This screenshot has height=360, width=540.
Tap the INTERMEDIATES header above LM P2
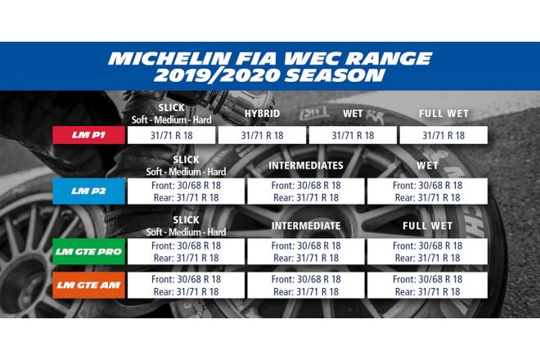[x=307, y=166]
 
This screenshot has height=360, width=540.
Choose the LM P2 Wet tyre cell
[x=427, y=191]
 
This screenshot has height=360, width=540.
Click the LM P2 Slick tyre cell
[x=186, y=191]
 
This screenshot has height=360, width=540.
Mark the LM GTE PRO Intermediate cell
[x=307, y=251]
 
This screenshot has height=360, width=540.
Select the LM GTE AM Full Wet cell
[x=427, y=285]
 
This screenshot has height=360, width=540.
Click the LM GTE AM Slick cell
[x=186, y=285]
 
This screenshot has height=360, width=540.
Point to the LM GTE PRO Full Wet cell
[x=427, y=251]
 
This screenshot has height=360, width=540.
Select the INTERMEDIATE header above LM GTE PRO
[x=307, y=225]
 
